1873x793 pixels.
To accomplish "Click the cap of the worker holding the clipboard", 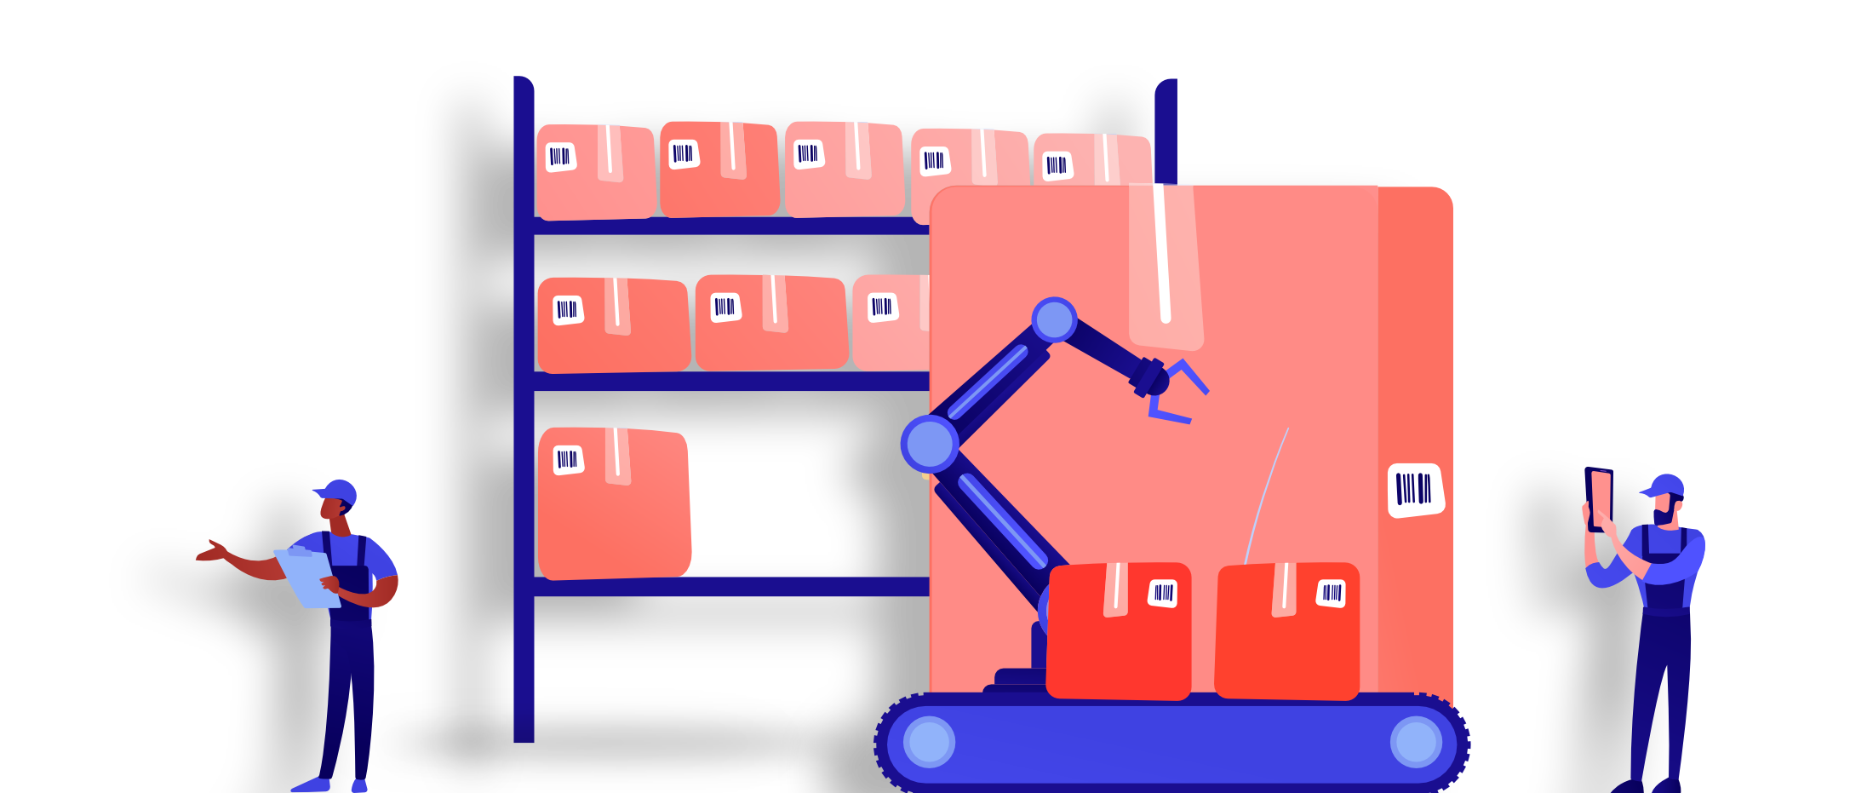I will coord(338,492).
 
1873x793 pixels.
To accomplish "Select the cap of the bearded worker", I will coord(1665,486).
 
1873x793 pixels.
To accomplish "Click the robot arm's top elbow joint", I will coord(1054,320).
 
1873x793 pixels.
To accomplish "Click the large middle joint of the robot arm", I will coord(930,444).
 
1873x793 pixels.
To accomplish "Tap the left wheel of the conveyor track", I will coord(929,742).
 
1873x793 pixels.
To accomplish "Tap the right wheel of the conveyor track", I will coord(1416,742).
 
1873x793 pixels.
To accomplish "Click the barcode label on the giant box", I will coord(1415,490).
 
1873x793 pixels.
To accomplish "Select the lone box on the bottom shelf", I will coord(614,503).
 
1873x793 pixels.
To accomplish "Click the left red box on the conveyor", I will coord(1119,630).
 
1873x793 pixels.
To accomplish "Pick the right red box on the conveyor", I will coord(1286,630).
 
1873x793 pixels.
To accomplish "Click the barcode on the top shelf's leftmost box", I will coord(560,157).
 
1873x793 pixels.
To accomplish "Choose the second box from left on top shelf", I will coord(719,169).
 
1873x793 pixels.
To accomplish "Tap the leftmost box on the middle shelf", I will coord(613,325).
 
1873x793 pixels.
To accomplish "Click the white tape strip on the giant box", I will coord(1163,256).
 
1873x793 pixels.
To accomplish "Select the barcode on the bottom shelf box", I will coord(568,460).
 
